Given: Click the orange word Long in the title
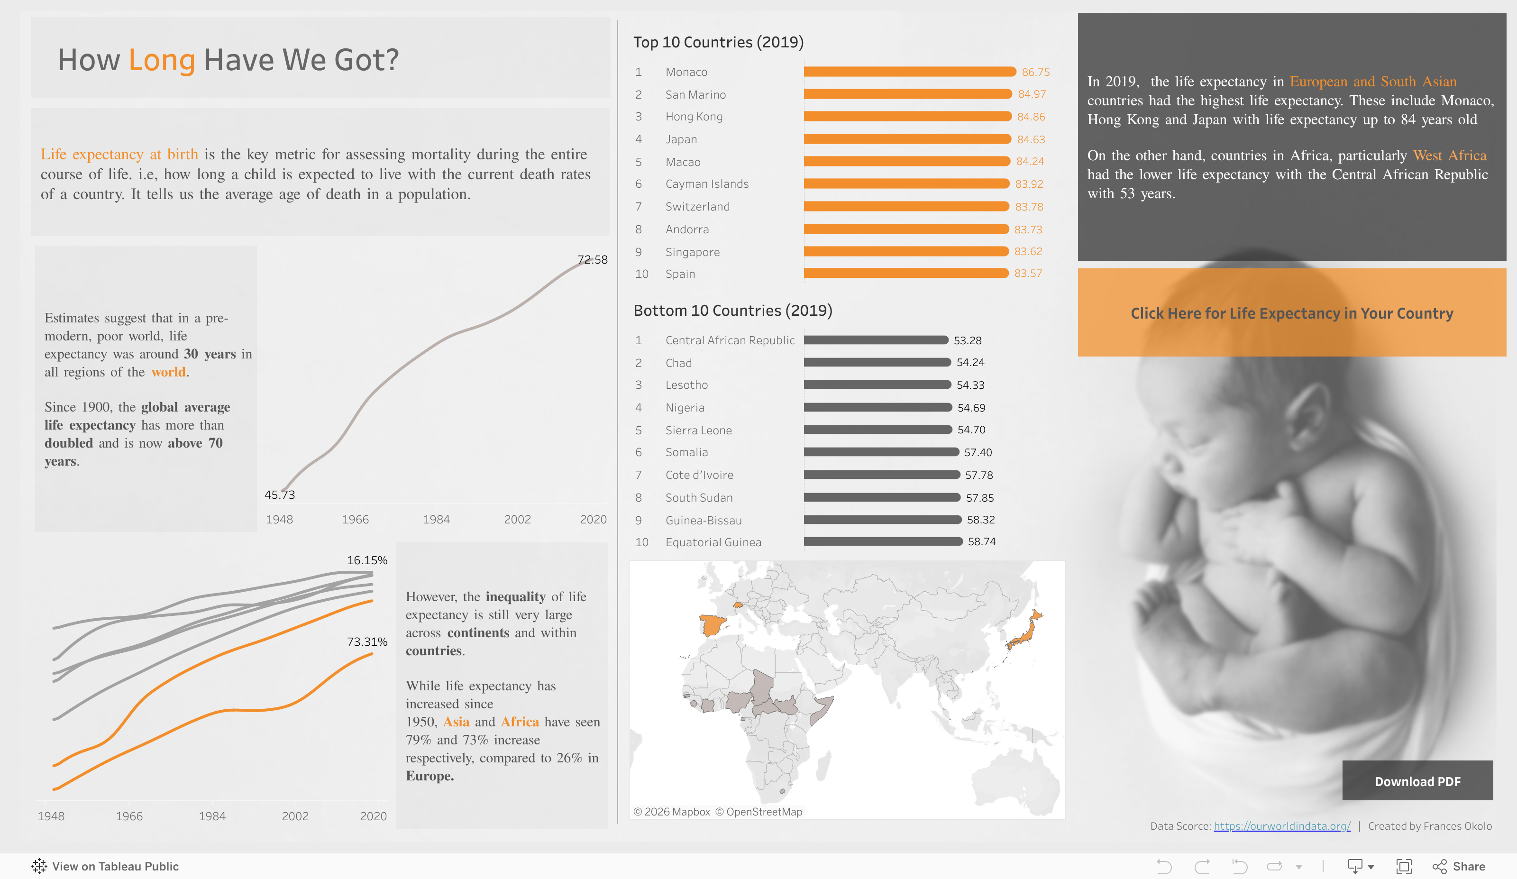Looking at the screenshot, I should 161,60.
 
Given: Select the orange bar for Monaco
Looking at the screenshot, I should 909,72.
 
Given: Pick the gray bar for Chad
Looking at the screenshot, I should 877,362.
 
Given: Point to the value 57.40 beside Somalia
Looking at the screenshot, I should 978,452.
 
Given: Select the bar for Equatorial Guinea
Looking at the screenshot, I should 883,542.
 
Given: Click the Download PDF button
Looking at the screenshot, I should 1417,781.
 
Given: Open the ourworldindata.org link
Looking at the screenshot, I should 1281,826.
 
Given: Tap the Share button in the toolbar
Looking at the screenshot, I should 1459,866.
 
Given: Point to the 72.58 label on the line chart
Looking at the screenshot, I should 593,259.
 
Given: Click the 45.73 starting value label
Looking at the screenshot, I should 280,495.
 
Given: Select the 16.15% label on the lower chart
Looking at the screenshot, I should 366,560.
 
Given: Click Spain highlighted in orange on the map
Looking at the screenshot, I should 712,625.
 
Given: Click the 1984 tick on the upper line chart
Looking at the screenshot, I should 436,520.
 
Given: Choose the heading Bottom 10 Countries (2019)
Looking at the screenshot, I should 732,311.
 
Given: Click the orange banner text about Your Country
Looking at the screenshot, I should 1291,313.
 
